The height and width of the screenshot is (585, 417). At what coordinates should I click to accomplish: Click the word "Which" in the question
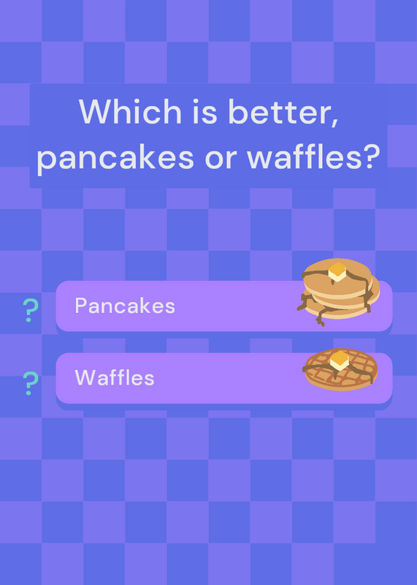pos(130,111)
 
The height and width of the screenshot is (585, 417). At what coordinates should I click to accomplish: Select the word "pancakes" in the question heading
pos(115,157)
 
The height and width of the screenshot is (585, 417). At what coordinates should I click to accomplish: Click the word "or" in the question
pos(221,159)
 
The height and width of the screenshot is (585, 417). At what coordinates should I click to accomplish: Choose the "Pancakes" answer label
pos(125,306)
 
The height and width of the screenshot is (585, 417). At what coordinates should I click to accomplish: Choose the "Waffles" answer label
pos(115,377)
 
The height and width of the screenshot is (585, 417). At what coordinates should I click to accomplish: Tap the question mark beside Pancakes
pos(31,310)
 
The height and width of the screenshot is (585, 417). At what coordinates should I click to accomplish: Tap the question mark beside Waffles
pos(31,383)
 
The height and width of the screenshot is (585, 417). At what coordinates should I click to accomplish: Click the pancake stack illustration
pos(339,292)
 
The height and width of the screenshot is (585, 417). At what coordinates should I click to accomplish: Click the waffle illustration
pos(340,369)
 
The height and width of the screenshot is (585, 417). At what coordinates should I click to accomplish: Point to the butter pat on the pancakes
pos(337,271)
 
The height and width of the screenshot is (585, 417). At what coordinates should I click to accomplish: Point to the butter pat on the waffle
pos(339,361)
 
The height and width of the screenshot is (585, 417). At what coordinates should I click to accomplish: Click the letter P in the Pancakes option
pos(80,306)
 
